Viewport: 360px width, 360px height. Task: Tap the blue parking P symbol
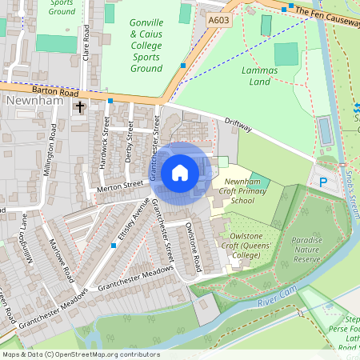(x=323, y=182)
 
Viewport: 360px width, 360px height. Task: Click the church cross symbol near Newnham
(x=79, y=106)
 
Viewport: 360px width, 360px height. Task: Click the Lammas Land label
(x=264, y=76)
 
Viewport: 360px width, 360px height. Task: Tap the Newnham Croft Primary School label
(x=238, y=192)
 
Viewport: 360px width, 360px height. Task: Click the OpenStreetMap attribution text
(x=80, y=354)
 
